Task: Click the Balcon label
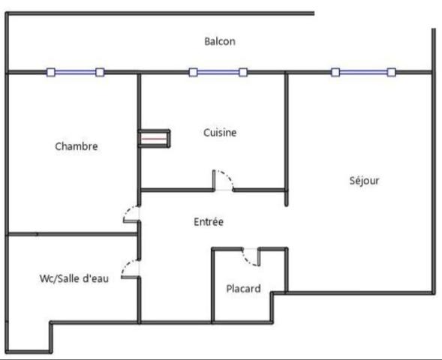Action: (x=220, y=42)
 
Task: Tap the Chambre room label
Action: (x=77, y=146)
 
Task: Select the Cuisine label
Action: (x=220, y=133)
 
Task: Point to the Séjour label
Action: (x=365, y=181)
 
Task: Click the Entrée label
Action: (x=209, y=222)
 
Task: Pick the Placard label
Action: (x=243, y=288)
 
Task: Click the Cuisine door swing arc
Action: (x=225, y=178)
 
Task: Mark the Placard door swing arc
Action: (x=249, y=257)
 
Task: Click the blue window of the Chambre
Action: (x=75, y=73)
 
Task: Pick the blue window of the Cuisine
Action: (x=218, y=73)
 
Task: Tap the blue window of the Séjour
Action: (x=363, y=73)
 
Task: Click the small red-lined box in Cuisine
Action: (x=155, y=139)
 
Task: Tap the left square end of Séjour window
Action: (x=335, y=73)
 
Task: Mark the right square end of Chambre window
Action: (x=100, y=73)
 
